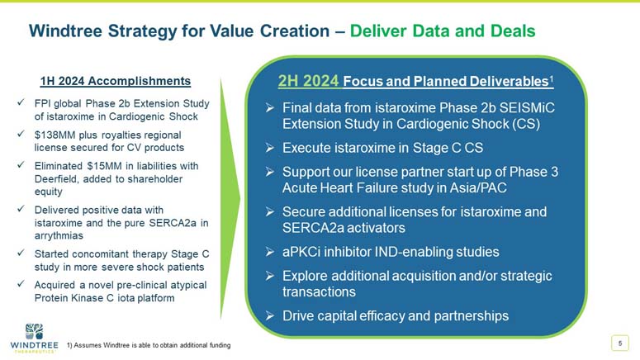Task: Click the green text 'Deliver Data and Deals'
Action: pyautogui.click(x=443, y=31)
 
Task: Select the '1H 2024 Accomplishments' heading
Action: pyautogui.click(x=116, y=81)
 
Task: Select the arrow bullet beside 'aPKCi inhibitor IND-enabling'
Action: pyautogui.click(x=269, y=252)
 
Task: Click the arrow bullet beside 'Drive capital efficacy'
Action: pyautogui.click(x=269, y=315)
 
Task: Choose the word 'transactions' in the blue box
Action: pyautogui.click(x=319, y=292)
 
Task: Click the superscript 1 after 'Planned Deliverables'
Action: pyautogui.click(x=551, y=78)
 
